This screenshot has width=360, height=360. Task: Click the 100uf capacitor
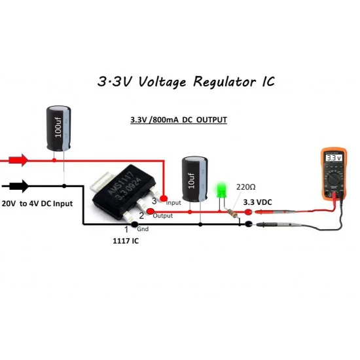(58, 128)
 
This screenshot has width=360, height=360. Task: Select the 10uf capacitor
(194, 179)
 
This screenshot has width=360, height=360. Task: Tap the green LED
(221, 190)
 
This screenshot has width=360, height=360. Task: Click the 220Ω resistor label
(245, 187)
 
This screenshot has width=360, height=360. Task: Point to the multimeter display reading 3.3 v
(334, 158)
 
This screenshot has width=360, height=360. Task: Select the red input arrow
(19, 160)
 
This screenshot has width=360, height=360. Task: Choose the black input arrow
(19, 186)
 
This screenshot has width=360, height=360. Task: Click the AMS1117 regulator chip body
(124, 192)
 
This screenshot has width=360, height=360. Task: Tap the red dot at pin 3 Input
(164, 198)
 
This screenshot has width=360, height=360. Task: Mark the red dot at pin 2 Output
(150, 211)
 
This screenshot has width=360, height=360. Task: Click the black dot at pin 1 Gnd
(134, 225)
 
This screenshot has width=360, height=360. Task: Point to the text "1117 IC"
(126, 241)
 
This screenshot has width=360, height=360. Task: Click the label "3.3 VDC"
(257, 202)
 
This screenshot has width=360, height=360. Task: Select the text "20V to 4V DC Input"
(37, 204)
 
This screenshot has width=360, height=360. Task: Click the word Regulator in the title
(225, 82)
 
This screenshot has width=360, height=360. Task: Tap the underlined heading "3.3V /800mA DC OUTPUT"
(179, 120)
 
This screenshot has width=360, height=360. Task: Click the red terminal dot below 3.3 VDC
(248, 212)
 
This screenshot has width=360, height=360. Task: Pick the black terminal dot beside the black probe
(249, 224)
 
